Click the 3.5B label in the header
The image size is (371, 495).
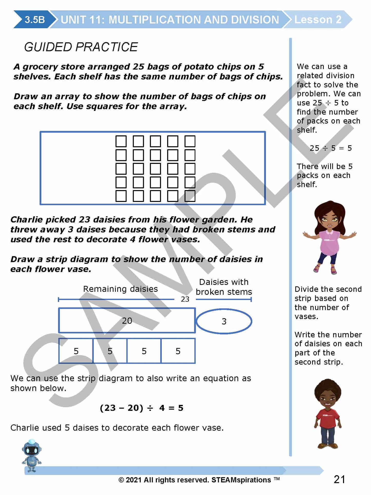click(x=35, y=20)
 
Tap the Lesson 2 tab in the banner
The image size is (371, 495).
click(x=318, y=20)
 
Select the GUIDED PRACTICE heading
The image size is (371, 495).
click(x=81, y=47)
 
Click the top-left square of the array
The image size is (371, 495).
click(x=121, y=141)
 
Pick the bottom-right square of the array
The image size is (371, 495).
click(x=190, y=196)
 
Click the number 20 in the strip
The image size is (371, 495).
click(x=127, y=321)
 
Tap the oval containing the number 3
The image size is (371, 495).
click(x=224, y=321)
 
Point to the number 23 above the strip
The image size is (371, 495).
click(x=185, y=299)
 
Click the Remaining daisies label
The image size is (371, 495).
click(x=120, y=289)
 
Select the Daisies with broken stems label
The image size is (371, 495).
click(x=224, y=287)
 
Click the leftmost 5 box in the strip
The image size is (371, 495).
click(x=76, y=351)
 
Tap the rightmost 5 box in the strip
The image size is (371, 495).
click(x=178, y=351)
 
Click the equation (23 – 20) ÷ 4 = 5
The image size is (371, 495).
click(x=141, y=408)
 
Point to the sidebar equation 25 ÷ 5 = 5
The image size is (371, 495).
click(x=330, y=148)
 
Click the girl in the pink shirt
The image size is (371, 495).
click(x=330, y=238)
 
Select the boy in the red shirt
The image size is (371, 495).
click(x=328, y=414)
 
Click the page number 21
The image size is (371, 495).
click(x=339, y=479)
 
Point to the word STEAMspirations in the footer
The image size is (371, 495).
click(x=241, y=480)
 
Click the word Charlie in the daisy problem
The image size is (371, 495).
click(x=25, y=220)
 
